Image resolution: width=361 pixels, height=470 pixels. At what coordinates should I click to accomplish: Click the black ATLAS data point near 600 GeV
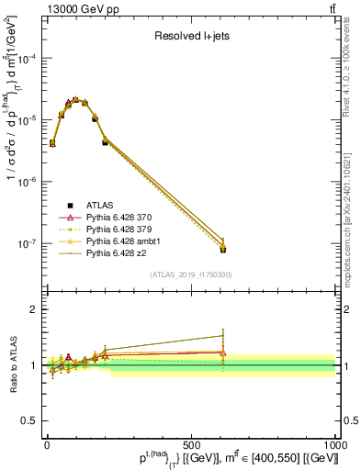[x=223, y=249]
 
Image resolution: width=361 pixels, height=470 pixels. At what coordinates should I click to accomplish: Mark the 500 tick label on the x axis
[x=191, y=443]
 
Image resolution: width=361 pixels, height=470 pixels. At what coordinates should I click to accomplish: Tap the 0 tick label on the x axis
[x=47, y=443]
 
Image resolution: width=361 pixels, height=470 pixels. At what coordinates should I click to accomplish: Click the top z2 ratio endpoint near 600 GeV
[x=223, y=335]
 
